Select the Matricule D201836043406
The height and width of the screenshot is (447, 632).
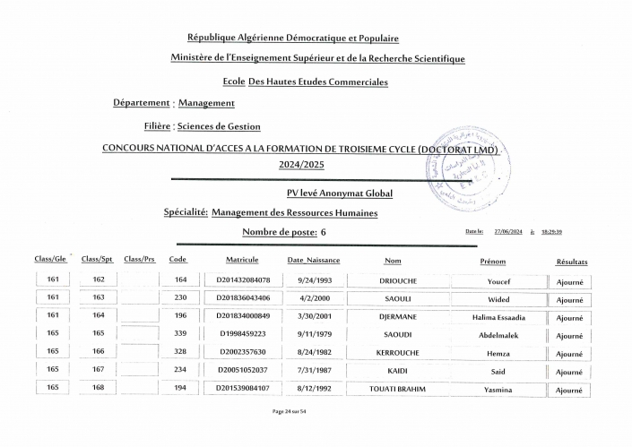click(243, 298)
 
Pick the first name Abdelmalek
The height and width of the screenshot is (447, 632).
click(492, 335)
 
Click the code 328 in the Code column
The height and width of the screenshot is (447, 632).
click(180, 353)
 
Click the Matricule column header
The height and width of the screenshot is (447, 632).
click(243, 260)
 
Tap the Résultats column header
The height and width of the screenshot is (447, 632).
click(572, 262)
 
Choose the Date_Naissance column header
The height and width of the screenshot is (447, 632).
click(314, 260)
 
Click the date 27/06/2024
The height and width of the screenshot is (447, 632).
click(507, 232)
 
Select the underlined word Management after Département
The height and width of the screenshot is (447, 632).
click(206, 103)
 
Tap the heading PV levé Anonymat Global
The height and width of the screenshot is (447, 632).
click(339, 193)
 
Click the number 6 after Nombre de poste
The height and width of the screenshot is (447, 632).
click(324, 232)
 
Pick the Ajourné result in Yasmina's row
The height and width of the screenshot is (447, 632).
click(569, 390)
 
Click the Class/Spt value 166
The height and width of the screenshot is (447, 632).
click(99, 353)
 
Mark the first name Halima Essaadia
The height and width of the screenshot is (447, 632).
click(492, 317)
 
